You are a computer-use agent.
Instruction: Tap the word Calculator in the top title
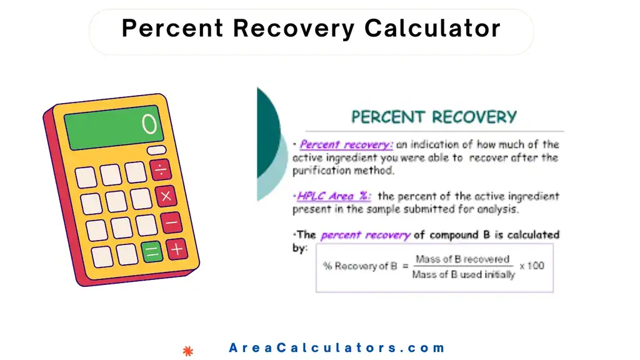pyautogui.click(x=432, y=28)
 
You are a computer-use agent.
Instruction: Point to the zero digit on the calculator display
pyautogui.click(x=149, y=124)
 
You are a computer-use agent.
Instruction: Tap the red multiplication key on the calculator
pyautogui.click(x=166, y=196)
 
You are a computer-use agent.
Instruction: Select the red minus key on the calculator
pyautogui.click(x=171, y=222)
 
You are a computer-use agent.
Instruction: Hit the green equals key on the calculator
pyautogui.click(x=152, y=252)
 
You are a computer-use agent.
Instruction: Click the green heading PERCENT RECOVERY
pyautogui.click(x=434, y=117)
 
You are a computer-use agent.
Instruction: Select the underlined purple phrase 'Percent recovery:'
pyautogui.click(x=346, y=144)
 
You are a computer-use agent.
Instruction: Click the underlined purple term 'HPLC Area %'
pyautogui.click(x=334, y=196)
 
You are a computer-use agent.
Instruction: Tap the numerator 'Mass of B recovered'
pyautogui.click(x=462, y=259)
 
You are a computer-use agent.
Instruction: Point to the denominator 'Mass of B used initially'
pyautogui.click(x=464, y=274)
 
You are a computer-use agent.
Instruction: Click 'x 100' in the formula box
pyautogui.click(x=532, y=266)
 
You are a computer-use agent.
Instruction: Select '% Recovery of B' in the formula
pyautogui.click(x=359, y=266)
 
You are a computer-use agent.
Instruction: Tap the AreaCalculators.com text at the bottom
pyautogui.click(x=337, y=348)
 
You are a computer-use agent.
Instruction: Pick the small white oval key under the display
pyautogui.click(x=156, y=151)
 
